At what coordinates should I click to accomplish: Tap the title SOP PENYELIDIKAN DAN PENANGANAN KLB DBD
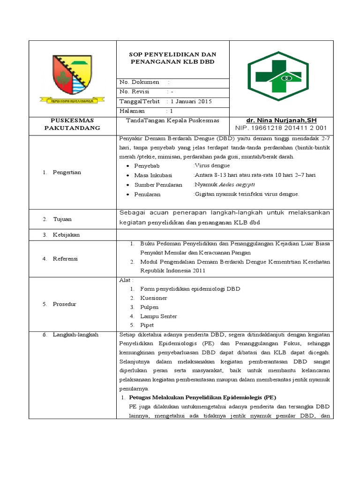point(172,58)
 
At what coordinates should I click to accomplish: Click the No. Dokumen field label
point(140,82)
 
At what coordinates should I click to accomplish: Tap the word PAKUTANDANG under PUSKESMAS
point(72,128)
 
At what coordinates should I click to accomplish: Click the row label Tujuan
point(62,219)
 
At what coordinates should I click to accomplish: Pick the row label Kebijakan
point(66,234)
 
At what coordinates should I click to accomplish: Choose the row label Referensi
point(66,258)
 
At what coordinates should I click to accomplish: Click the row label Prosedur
point(65,304)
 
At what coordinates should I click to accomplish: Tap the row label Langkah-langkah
point(76,334)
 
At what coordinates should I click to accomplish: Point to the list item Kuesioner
point(153,298)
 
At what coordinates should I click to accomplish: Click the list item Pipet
point(147,325)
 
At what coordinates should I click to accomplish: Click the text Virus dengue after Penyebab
point(212,165)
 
